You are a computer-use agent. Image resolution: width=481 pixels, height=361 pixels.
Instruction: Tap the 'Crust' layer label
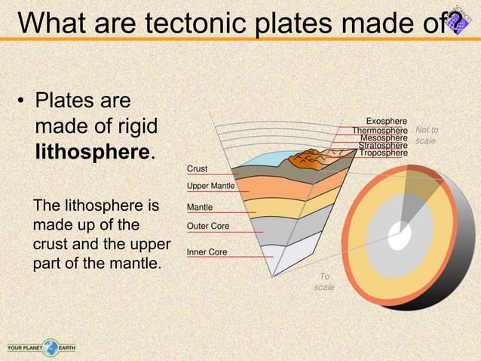[198, 169]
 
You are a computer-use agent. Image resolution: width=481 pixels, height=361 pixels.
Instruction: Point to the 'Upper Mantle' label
[210, 186]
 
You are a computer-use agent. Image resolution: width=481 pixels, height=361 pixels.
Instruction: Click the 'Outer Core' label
[208, 226]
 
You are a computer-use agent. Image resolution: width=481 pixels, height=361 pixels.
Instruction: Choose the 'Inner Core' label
[207, 251]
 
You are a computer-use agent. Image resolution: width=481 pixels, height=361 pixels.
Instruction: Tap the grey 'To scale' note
[324, 282]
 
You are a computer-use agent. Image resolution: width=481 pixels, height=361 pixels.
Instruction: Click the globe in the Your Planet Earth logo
[51, 348]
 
